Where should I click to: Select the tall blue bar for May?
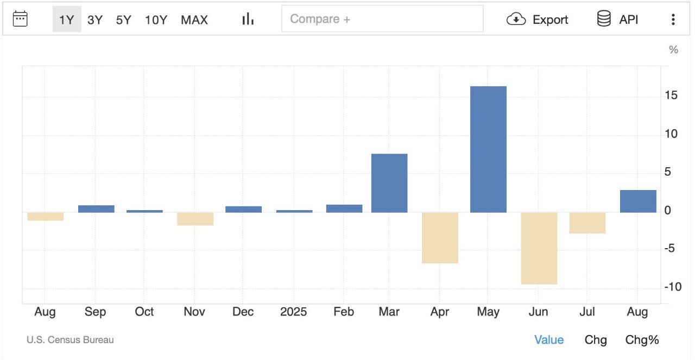[x=488, y=149]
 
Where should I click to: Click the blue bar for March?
[x=389, y=183]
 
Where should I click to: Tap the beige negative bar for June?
[x=539, y=248]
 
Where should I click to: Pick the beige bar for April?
[x=440, y=238]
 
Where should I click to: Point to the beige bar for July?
[x=587, y=223]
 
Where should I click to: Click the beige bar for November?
[x=195, y=219]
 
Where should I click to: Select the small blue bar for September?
[x=96, y=209]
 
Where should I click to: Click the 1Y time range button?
[x=67, y=19]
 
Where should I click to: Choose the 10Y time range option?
[x=156, y=20]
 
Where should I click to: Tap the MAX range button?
[x=194, y=20]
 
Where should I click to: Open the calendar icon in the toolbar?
[x=20, y=19]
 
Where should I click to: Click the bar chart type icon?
[x=248, y=19]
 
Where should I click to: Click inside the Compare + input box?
[x=382, y=18]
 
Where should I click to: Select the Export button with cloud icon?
[x=538, y=19]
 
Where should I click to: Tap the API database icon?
[x=604, y=18]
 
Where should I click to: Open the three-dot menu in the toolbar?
[x=673, y=19]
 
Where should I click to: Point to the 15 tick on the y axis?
[x=671, y=95]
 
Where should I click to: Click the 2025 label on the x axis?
[x=293, y=312]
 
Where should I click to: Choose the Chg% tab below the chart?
[x=642, y=340]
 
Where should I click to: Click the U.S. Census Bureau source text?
[x=70, y=340]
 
